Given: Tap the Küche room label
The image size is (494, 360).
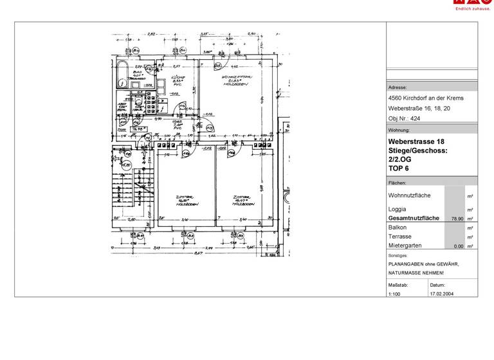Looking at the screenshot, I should pyautogui.click(x=175, y=80).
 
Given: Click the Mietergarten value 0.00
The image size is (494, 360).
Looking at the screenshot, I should pyautogui.click(x=458, y=246).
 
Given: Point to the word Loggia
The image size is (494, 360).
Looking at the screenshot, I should pyautogui.click(x=398, y=210).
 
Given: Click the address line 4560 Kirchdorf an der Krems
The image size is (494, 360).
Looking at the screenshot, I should pyautogui.click(x=426, y=98).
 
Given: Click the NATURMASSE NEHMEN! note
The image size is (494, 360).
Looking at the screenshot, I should pyautogui.click(x=415, y=273).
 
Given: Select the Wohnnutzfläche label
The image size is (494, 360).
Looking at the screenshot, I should pyautogui.click(x=410, y=195).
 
